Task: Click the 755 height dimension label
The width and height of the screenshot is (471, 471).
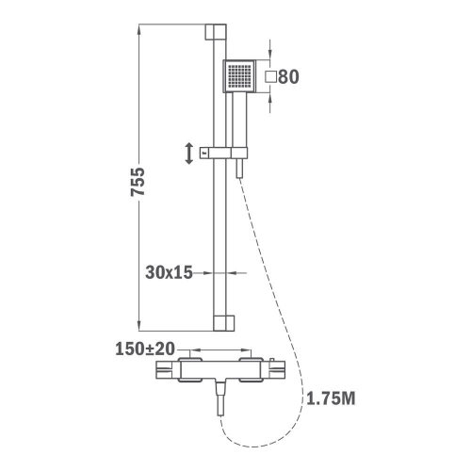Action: click(x=138, y=182)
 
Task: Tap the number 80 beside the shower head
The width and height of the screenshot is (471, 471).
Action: click(x=288, y=77)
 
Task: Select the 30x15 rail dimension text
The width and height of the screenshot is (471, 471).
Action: click(x=169, y=272)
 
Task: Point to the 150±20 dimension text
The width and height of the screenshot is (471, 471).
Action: click(x=145, y=349)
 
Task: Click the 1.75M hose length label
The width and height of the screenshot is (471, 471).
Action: click(x=331, y=398)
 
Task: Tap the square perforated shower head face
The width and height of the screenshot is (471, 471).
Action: click(x=239, y=76)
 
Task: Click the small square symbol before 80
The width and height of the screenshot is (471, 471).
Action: click(x=270, y=77)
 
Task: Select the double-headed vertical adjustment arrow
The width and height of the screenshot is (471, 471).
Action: click(x=189, y=154)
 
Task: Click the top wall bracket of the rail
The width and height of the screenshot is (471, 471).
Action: click(x=216, y=32)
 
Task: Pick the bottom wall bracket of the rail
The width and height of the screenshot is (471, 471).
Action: click(x=223, y=323)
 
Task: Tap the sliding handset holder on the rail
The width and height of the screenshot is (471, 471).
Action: click(x=223, y=153)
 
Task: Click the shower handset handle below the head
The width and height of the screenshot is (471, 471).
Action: click(x=239, y=120)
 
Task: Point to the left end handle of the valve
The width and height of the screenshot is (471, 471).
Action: click(x=168, y=370)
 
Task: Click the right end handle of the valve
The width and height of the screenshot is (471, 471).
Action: click(x=273, y=369)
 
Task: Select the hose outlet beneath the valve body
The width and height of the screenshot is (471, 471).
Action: click(x=221, y=398)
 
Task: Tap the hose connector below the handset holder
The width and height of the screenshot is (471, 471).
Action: click(x=240, y=169)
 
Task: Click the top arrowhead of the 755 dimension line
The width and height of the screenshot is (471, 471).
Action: click(x=139, y=30)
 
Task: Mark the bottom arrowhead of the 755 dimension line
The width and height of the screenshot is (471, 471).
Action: click(x=139, y=325)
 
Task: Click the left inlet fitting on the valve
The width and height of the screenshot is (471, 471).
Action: click(x=189, y=369)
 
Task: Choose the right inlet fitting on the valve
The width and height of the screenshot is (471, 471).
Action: click(x=251, y=369)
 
